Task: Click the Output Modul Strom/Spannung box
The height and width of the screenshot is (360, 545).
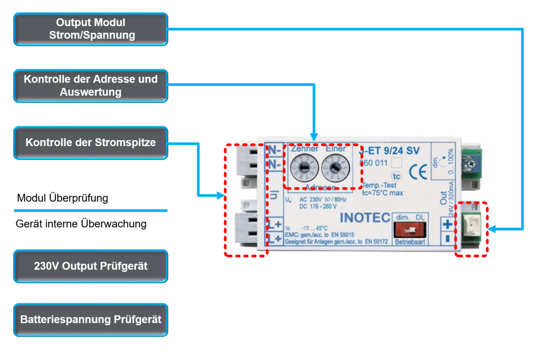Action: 90,29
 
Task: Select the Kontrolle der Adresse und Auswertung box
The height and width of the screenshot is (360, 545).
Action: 90,85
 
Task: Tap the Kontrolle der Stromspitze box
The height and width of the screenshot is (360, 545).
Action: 90,143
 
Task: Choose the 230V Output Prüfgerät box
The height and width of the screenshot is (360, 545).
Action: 90,266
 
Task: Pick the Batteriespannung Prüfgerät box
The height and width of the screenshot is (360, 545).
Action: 90,320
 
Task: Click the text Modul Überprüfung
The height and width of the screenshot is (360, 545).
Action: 62,198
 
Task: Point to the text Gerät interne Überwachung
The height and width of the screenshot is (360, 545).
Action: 81,224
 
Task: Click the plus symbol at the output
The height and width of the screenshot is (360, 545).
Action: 447,224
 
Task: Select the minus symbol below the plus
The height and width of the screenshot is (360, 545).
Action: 447,239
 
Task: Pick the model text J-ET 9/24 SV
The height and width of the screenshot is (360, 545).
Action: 389,151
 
